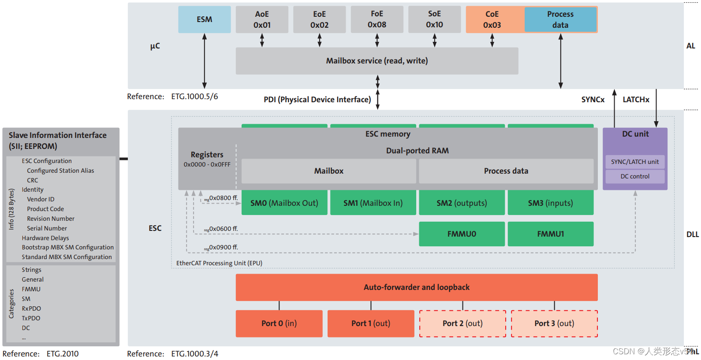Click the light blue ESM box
tap(204, 19)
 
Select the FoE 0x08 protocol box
tap(377, 19)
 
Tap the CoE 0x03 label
tap(492, 20)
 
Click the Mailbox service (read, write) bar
tap(377, 61)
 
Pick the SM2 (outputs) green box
tap(462, 203)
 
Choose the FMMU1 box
tap(550, 234)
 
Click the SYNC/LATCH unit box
tap(634, 162)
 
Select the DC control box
tap(634, 176)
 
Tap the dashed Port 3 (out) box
tap(554, 323)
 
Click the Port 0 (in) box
tap(279, 323)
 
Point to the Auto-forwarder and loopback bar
tap(416, 287)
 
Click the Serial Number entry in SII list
tap(47, 228)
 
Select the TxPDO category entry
tap(31, 318)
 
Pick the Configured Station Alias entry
tap(60, 171)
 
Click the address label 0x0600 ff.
tap(223, 229)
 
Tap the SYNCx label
tap(593, 100)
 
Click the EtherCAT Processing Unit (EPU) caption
tap(219, 263)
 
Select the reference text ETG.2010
tap(63, 354)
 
